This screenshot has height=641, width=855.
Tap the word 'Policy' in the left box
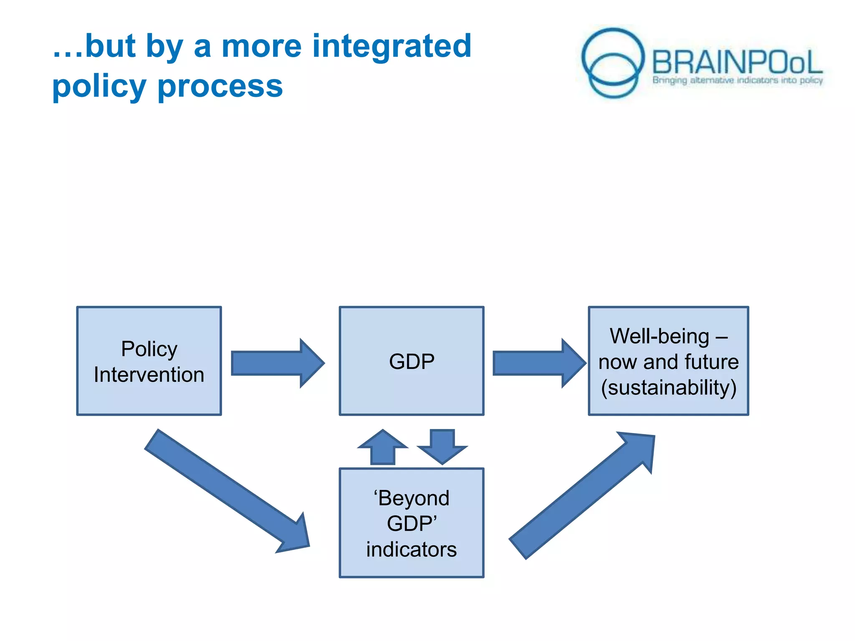[149, 349]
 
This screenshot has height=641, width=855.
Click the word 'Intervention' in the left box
[149, 375]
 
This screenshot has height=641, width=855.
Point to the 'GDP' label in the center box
[412, 361]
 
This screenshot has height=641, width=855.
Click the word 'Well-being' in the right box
[659, 336]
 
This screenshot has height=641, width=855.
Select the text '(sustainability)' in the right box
[668, 388]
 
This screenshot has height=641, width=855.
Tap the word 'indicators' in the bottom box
[412, 550]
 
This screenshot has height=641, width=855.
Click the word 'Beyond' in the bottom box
[413, 498]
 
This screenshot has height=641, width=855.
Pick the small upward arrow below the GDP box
[383, 448]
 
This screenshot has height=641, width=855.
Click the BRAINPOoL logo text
[737, 63]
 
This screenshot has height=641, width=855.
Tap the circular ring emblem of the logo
[612, 63]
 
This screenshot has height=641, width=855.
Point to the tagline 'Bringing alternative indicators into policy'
[737, 80]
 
